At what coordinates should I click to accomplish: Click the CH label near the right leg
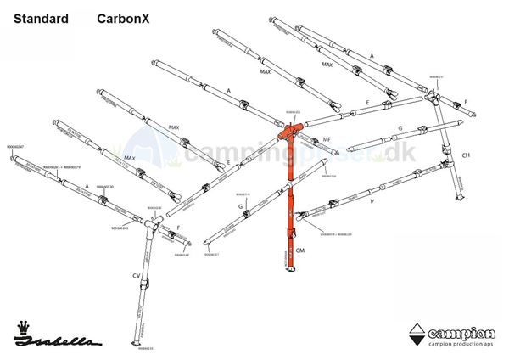465,155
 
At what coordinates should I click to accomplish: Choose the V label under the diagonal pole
372,203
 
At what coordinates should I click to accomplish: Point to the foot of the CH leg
460,200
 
